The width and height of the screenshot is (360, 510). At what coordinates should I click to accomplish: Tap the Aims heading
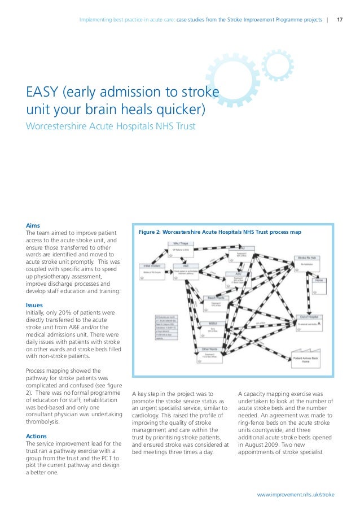[x=33, y=225]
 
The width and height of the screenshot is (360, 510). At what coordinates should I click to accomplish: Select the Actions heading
[x=37, y=437]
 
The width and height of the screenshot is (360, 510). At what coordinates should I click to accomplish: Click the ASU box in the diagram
[x=239, y=276]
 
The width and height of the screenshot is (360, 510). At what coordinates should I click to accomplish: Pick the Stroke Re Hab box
[x=309, y=261]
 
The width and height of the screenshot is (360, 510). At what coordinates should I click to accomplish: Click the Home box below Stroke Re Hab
[x=319, y=282]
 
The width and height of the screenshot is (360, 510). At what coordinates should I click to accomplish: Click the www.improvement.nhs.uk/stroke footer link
[x=296, y=495]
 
